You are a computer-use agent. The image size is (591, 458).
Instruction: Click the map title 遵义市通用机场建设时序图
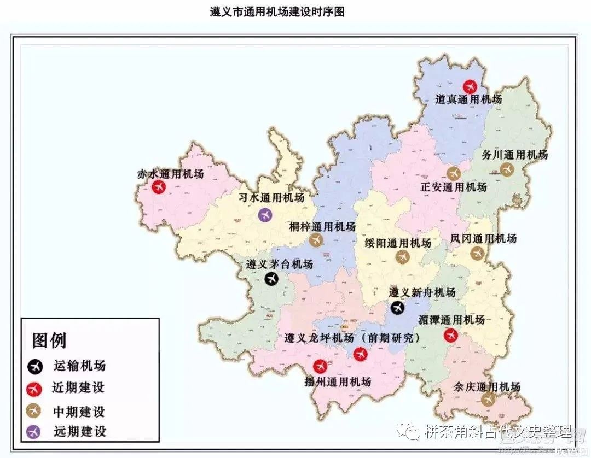coord(277,12)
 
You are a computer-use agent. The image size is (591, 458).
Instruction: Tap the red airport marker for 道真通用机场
coord(470,86)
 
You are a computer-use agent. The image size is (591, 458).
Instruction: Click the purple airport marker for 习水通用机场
coord(265,214)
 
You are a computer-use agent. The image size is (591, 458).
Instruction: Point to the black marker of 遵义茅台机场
coord(271,279)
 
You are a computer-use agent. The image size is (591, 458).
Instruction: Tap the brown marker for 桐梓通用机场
coord(316,240)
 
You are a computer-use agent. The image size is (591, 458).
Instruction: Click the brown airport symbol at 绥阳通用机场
coord(403,257)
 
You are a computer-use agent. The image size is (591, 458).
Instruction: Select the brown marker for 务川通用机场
coord(507,169)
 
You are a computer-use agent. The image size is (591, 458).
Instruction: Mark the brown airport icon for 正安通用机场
coord(453,174)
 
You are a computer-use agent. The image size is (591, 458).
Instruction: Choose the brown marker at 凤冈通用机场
coord(478,253)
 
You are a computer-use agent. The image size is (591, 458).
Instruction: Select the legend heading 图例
coord(49,340)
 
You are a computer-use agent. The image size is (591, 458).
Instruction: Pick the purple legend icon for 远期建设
coord(34,432)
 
